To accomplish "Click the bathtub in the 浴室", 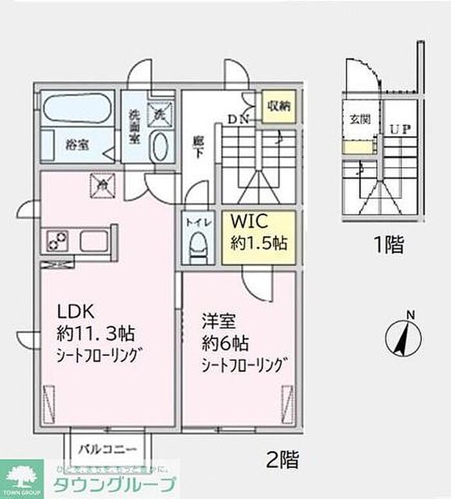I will [x=78, y=108].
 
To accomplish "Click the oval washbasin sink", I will [x=160, y=146].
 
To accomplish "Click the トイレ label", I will [x=197, y=222].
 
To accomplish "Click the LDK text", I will [x=77, y=312].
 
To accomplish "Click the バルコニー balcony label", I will [x=108, y=449].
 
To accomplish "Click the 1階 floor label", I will [x=389, y=244].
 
